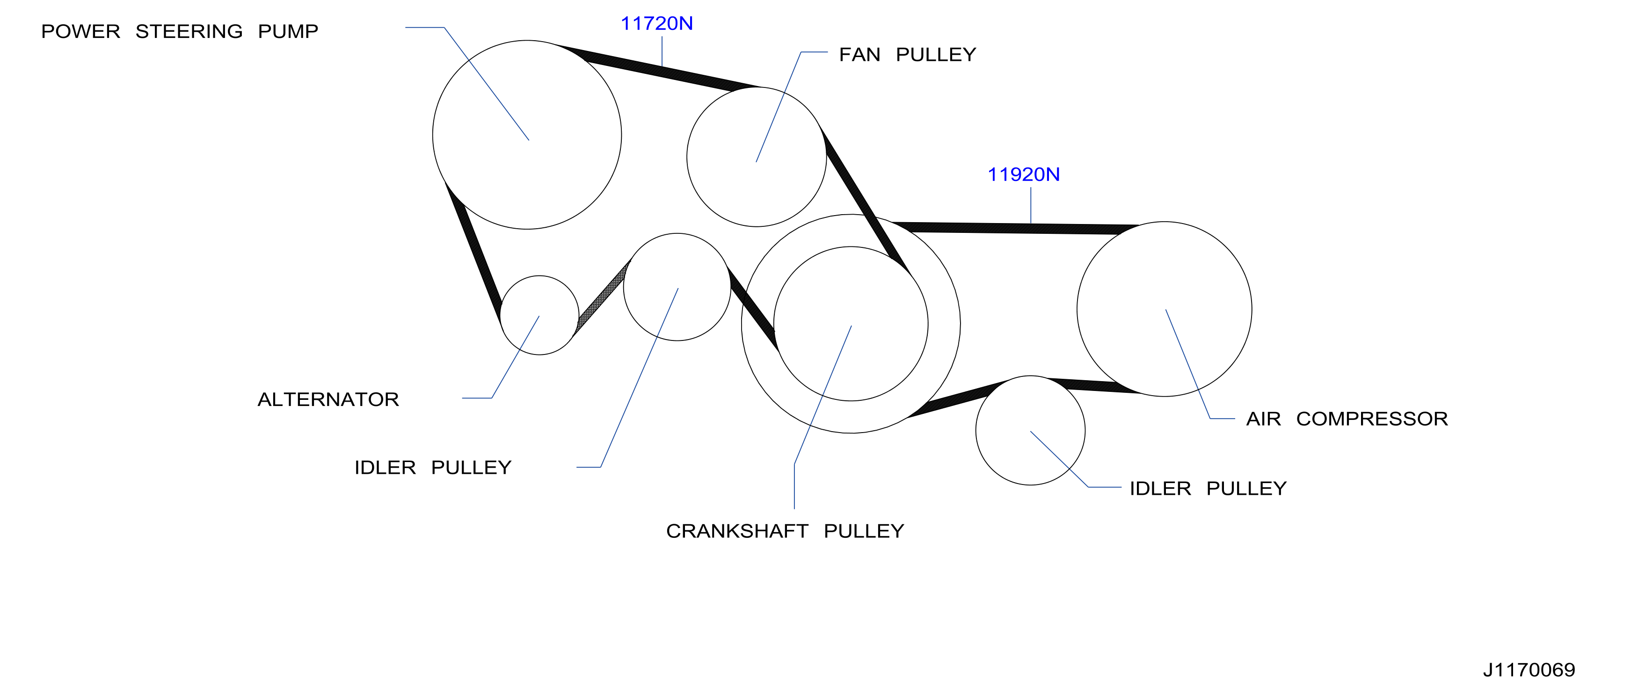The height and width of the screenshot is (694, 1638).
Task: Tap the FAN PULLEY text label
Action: point(907,55)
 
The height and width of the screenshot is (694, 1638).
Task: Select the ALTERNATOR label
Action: point(328,399)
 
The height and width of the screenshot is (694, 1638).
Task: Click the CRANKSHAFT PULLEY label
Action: point(785,531)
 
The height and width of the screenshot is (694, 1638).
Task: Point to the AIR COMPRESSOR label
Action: point(1347,419)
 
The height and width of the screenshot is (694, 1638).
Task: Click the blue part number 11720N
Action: point(657,23)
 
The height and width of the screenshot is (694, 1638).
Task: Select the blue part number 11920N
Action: point(1024,175)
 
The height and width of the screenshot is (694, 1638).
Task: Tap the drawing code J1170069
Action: point(1529,670)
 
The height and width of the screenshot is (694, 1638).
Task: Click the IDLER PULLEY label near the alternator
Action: point(432,468)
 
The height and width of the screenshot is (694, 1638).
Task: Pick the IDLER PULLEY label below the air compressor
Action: point(1208,489)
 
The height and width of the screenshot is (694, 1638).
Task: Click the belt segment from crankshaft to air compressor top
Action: point(1014,228)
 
